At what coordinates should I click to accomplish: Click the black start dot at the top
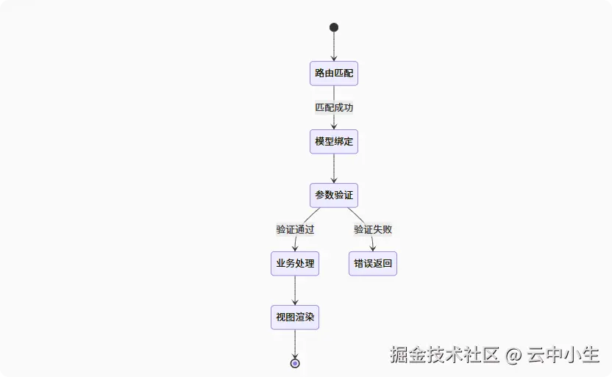click(334, 27)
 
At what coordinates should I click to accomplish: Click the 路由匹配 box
click(334, 73)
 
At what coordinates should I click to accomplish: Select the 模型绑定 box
click(334, 141)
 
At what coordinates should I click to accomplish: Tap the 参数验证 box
click(334, 195)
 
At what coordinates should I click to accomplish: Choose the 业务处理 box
click(295, 263)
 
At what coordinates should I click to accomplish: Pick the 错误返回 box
click(373, 263)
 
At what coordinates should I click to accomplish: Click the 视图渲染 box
click(295, 318)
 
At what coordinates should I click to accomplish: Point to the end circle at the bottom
click(295, 363)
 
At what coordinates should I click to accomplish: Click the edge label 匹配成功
click(334, 107)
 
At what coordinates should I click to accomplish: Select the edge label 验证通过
click(295, 229)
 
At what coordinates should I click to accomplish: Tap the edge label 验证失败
click(373, 229)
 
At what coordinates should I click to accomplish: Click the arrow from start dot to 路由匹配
click(334, 46)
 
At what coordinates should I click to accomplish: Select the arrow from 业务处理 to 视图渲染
click(295, 290)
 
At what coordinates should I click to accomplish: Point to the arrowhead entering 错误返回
click(373, 248)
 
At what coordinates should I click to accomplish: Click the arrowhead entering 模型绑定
click(334, 126)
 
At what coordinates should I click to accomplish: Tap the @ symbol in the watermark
click(513, 356)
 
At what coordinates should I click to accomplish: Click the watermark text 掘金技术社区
click(445, 356)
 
